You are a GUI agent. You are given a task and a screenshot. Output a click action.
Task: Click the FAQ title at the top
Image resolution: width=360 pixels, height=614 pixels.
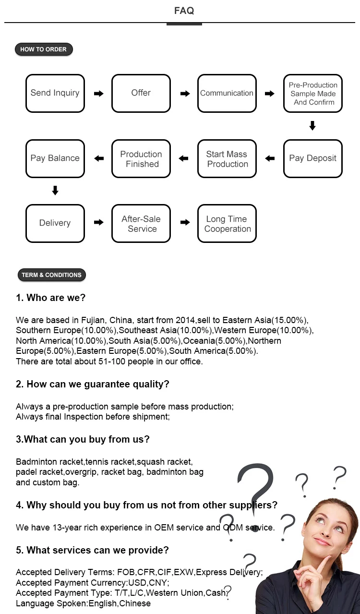184,11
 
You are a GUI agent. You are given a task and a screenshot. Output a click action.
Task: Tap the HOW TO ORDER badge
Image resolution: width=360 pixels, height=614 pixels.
44,49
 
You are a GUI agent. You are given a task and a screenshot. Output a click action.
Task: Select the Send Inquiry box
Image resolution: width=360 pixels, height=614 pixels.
55,93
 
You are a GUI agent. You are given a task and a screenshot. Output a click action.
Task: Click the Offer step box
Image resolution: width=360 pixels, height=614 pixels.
141,93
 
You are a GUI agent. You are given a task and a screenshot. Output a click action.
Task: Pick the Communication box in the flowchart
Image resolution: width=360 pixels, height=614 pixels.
227,93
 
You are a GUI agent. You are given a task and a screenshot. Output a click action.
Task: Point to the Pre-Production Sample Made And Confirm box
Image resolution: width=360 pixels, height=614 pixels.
313,93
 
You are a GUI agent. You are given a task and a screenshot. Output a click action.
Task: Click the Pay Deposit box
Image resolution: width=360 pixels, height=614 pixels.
313,158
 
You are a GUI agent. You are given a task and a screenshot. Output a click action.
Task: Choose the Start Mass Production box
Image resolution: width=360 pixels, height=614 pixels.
227,158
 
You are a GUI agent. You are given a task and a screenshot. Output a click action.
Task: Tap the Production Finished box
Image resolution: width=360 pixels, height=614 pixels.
141,158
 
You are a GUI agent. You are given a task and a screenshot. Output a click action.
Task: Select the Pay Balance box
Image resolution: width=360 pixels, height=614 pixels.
55,158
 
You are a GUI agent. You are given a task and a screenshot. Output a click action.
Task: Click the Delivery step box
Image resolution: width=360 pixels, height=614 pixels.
55,223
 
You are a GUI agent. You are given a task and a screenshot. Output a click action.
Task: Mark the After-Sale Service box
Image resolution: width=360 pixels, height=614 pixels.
141,223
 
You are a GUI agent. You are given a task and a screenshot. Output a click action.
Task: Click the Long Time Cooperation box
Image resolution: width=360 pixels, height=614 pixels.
227,223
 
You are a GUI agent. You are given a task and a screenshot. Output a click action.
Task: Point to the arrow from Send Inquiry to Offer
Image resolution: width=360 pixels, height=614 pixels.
98,94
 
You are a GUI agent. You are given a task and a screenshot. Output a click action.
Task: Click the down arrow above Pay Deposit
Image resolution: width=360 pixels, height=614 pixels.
312,126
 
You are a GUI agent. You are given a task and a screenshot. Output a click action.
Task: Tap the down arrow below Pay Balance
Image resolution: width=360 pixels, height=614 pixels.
55,191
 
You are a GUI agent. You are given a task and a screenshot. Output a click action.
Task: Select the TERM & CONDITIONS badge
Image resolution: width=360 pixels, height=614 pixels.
51,275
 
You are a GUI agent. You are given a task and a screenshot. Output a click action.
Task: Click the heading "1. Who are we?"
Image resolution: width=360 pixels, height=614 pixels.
50,298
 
